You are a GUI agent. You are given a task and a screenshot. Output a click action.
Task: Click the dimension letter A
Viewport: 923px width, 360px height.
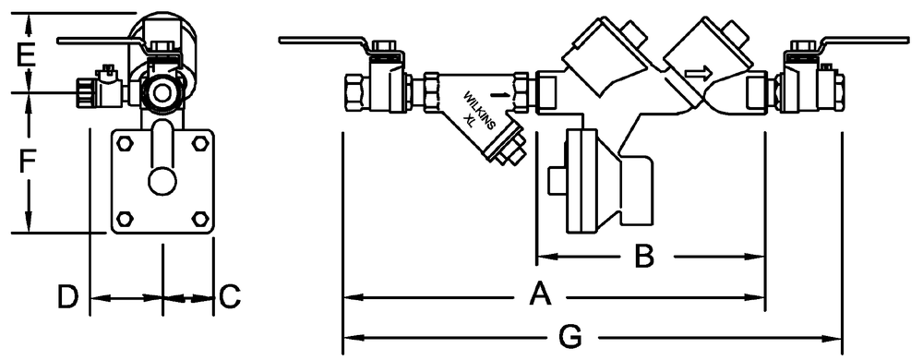click(x=539, y=294)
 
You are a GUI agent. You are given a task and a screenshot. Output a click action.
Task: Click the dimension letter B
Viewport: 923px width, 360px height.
click(x=643, y=256)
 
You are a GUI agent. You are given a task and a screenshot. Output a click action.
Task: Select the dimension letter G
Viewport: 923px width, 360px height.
click(x=569, y=338)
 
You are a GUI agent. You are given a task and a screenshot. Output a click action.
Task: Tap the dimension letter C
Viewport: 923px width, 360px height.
click(x=230, y=296)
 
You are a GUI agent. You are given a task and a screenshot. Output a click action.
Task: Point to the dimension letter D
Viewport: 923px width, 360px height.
click(x=67, y=296)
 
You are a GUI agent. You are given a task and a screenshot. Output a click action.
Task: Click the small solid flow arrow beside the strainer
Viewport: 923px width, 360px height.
click(x=499, y=93)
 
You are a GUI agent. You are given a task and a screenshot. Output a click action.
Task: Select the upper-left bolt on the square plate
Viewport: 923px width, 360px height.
click(x=125, y=143)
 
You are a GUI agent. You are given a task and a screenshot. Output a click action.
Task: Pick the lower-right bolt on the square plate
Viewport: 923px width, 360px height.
click(x=200, y=218)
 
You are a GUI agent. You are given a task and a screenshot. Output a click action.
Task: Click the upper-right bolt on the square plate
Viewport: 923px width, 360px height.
click(x=200, y=143)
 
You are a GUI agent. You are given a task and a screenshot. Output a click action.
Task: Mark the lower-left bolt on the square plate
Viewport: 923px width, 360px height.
click(x=125, y=218)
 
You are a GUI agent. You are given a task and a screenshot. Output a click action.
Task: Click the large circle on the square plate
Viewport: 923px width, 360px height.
click(x=162, y=181)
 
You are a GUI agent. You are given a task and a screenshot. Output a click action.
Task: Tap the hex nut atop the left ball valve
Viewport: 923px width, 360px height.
click(x=383, y=46)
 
